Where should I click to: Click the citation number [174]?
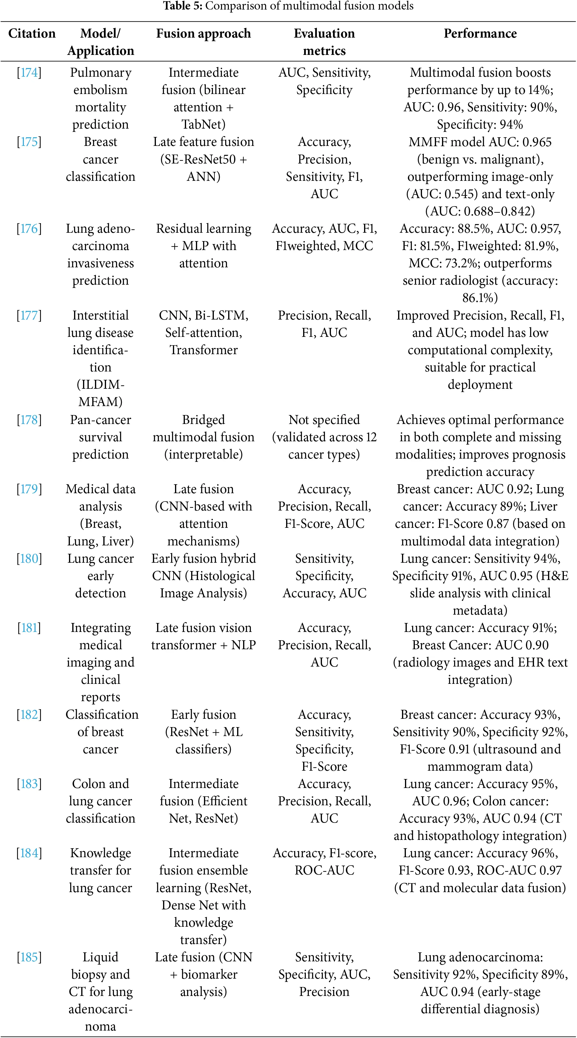[x=29, y=73]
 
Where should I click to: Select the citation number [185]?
[x=29, y=957]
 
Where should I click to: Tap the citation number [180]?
[x=29, y=559]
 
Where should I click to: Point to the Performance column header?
[x=480, y=33]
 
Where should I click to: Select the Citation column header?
[x=32, y=33]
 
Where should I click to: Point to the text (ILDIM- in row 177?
[x=100, y=384]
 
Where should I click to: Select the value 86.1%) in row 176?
[x=480, y=298]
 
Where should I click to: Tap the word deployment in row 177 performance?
[x=480, y=384]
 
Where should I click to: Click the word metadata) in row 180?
[x=480, y=610]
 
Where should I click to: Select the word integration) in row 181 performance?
[x=480, y=680]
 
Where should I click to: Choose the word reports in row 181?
[x=100, y=697]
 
